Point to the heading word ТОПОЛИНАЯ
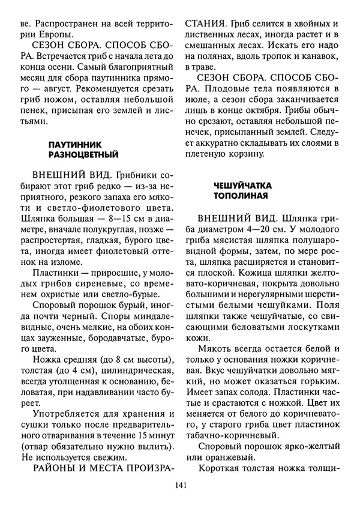click(238, 196)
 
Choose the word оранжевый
click(223, 459)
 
